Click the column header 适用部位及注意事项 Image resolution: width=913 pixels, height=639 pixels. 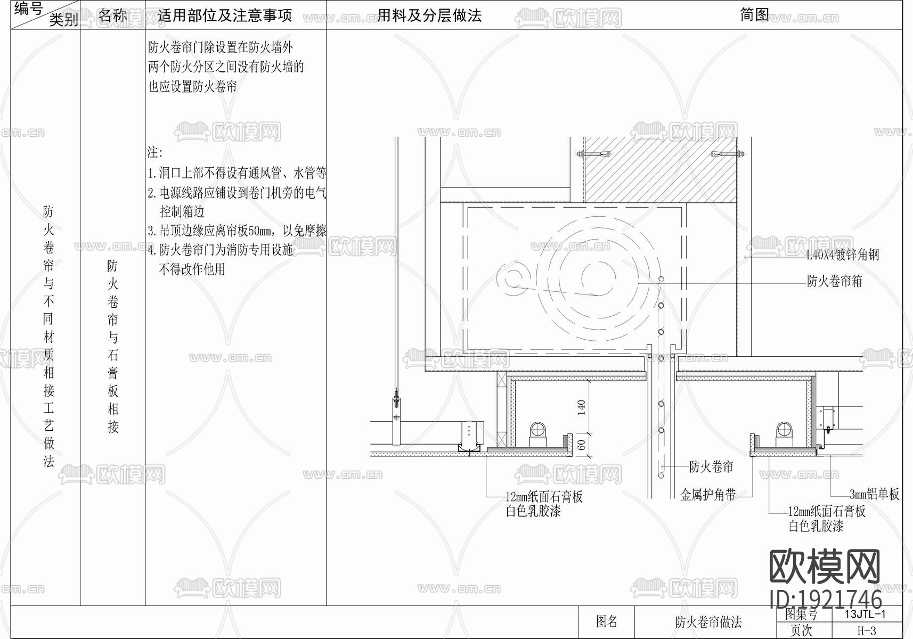point(225,15)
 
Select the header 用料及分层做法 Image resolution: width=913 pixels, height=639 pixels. point(429,15)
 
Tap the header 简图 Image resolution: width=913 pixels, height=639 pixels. point(754,15)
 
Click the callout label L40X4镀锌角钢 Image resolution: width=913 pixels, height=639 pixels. point(842,255)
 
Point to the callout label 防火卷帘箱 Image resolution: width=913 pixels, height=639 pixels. point(834,281)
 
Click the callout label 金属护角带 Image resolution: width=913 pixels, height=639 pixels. point(708,495)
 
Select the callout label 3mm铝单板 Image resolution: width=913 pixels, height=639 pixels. point(874,494)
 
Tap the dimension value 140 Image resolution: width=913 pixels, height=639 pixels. point(581,407)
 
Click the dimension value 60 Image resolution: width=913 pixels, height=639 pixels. point(581,444)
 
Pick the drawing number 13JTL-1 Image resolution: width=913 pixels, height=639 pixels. point(865,614)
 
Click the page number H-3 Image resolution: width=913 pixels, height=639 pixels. point(866,631)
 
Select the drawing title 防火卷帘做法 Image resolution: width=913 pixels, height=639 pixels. point(708,622)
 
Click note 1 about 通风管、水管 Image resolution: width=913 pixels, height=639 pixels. point(237,173)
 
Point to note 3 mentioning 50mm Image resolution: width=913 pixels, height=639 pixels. point(237,231)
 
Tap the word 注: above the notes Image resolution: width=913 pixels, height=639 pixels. point(155,153)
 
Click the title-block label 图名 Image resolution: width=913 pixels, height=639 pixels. point(607,621)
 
